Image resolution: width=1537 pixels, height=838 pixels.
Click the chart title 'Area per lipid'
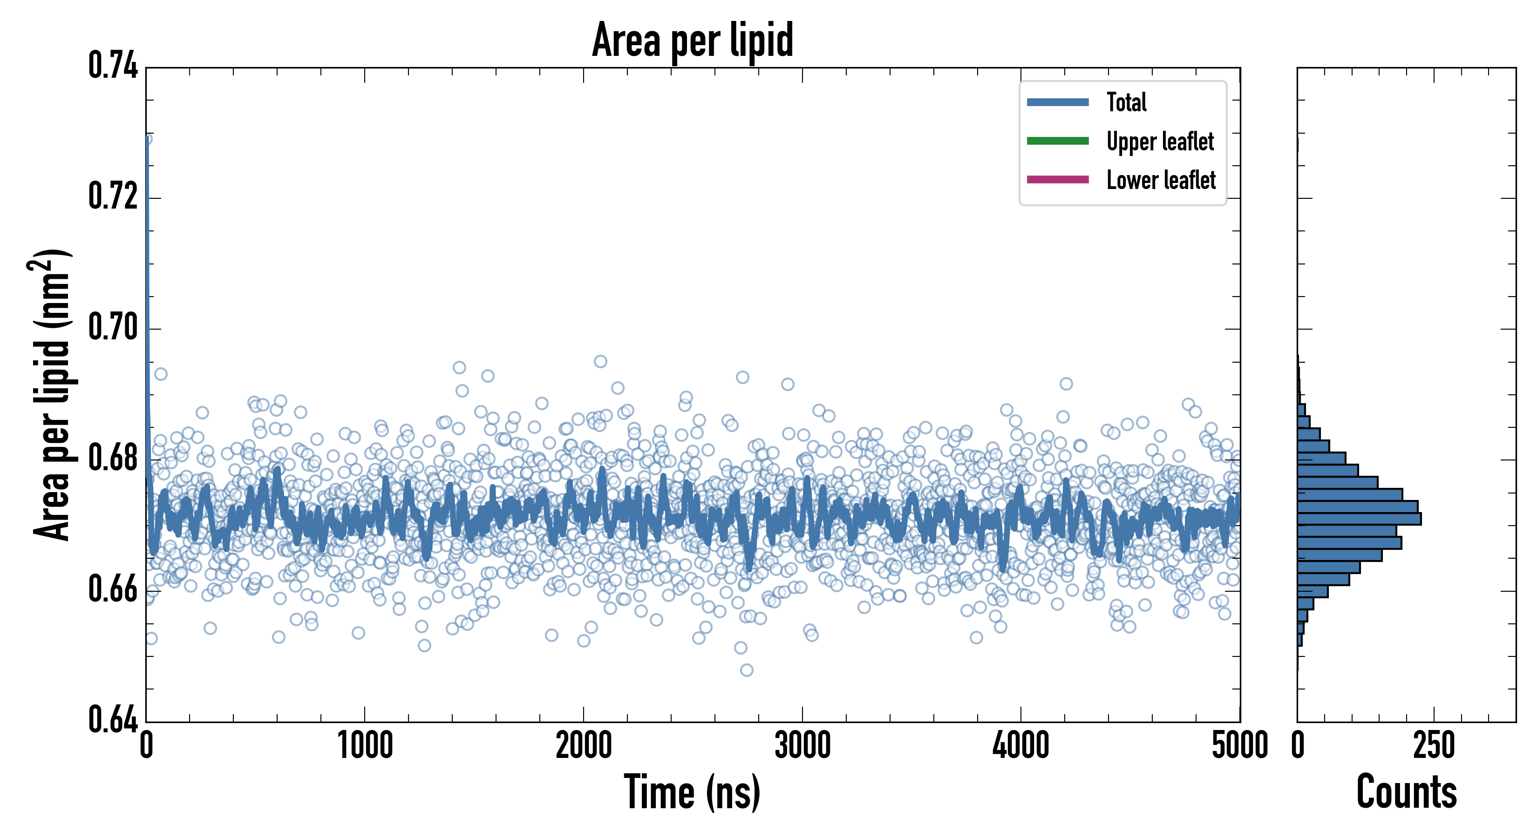692,40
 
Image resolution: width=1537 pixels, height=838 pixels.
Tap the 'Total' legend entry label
1127,102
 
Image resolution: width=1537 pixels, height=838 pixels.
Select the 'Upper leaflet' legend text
1160,142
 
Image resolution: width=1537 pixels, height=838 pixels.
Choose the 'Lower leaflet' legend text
1161,180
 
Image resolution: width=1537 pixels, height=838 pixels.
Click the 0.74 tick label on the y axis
113,66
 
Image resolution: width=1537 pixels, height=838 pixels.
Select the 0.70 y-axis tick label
113,327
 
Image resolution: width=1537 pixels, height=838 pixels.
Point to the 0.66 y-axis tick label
113,589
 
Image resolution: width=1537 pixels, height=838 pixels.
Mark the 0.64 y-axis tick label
113,719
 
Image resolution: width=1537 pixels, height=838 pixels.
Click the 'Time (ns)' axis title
692,792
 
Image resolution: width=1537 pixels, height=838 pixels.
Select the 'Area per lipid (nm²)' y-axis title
51,395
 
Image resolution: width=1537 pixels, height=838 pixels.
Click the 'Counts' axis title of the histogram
1406,792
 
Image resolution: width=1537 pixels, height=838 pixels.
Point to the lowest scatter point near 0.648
747,670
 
